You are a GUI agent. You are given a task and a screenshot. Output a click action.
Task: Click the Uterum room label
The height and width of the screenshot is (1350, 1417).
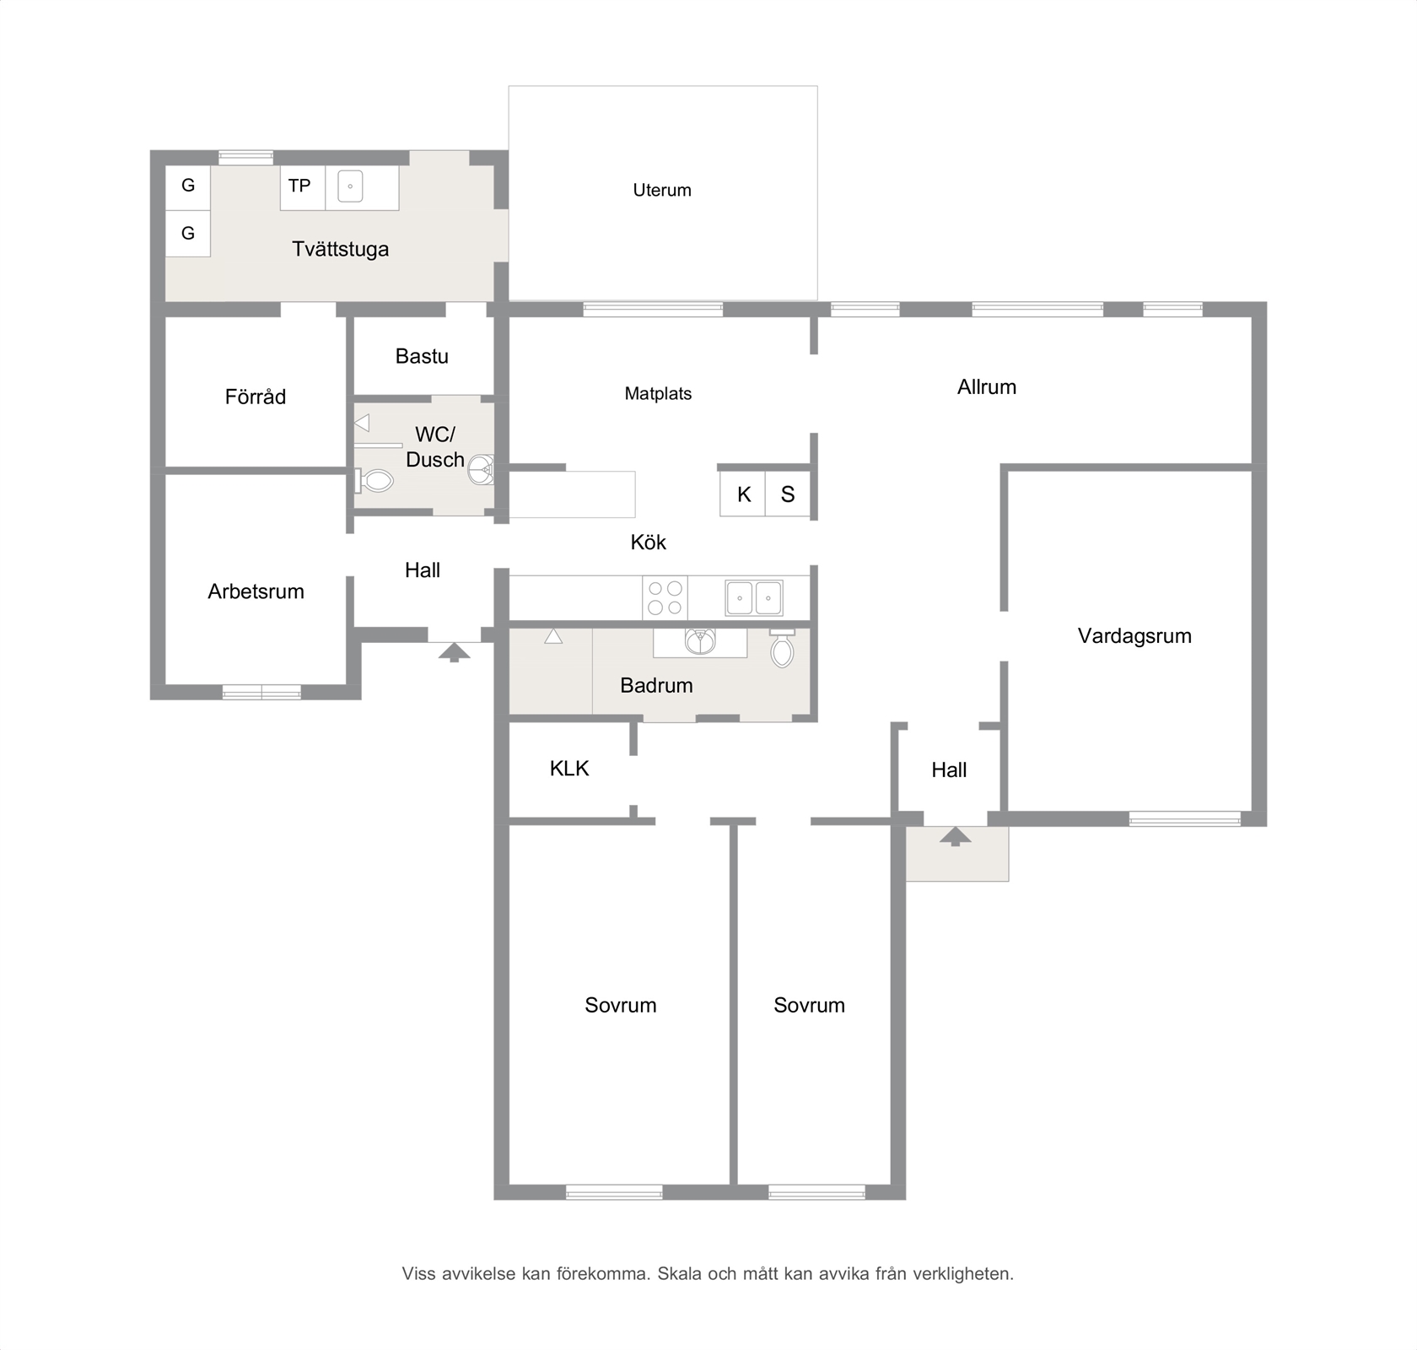(662, 191)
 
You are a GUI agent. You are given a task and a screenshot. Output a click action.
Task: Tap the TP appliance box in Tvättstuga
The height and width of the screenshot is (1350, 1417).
(303, 188)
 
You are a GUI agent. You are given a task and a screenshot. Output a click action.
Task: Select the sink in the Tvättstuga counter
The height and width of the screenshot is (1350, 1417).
(350, 186)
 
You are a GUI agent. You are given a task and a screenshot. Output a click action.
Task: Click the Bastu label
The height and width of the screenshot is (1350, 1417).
(422, 356)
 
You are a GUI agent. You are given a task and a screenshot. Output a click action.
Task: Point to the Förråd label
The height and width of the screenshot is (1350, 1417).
(256, 397)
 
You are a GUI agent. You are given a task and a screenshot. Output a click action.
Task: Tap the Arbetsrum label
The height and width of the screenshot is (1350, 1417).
(256, 591)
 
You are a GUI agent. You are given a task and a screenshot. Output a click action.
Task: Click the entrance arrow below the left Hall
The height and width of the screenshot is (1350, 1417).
(454, 652)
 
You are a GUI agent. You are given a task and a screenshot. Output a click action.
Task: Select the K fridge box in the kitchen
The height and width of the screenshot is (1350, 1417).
(743, 494)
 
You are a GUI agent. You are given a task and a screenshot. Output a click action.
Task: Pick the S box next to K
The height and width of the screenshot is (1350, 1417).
(788, 494)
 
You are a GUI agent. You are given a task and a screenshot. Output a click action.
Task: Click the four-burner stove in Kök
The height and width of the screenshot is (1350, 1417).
(665, 598)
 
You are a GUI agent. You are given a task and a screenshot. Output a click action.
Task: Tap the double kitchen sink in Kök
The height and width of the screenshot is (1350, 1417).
(754, 598)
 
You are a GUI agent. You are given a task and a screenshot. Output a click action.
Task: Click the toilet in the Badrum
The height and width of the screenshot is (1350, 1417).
(782, 648)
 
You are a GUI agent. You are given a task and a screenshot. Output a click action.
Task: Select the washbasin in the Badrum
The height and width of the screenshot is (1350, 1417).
(700, 641)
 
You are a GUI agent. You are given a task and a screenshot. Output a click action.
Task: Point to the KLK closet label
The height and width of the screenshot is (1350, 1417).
(569, 769)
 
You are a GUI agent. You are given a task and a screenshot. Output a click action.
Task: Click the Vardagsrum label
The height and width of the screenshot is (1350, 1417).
(1134, 636)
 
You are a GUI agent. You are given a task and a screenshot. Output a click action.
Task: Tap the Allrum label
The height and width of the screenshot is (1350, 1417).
(987, 387)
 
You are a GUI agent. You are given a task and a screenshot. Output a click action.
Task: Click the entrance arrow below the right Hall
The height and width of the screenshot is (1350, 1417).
(955, 836)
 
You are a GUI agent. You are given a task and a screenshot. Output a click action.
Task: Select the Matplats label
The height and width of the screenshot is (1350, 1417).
(658, 394)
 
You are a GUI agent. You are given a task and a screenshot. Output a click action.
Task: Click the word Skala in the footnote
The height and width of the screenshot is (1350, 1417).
(680, 1273)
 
